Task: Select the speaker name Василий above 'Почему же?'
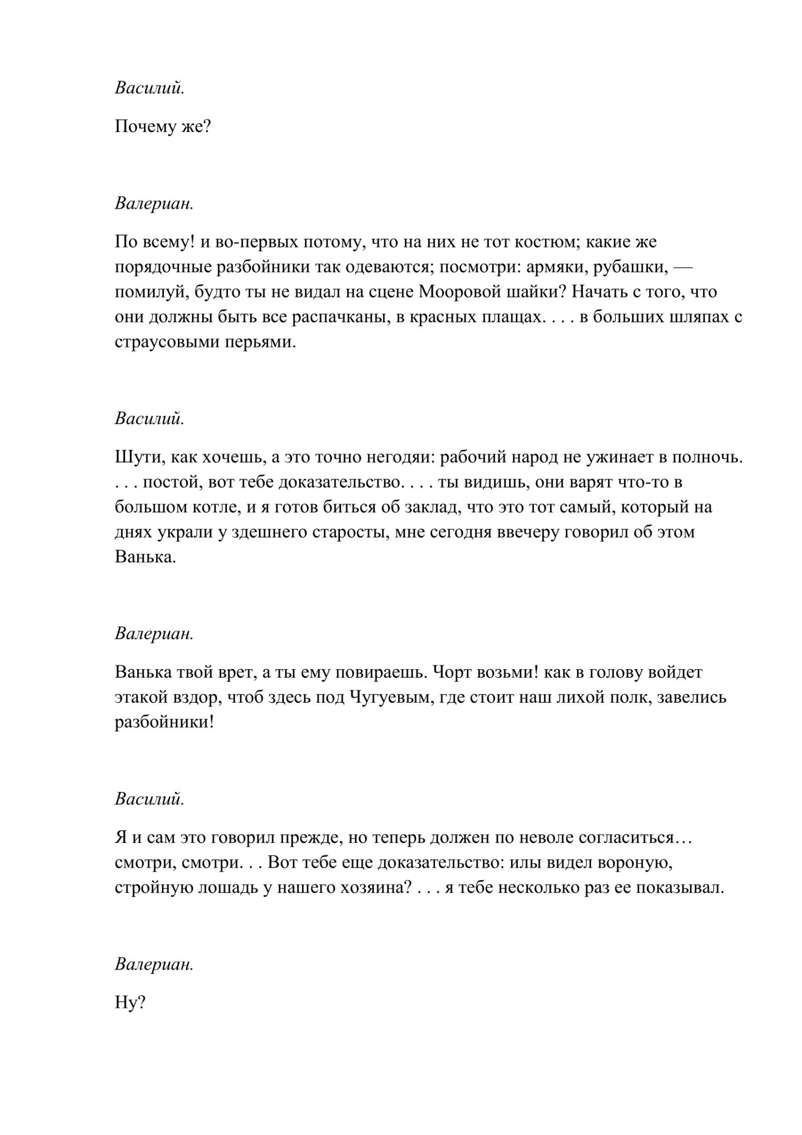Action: pos(149,88)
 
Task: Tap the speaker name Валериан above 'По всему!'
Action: pos(154,203)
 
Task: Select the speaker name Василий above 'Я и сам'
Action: pos(149,799)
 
